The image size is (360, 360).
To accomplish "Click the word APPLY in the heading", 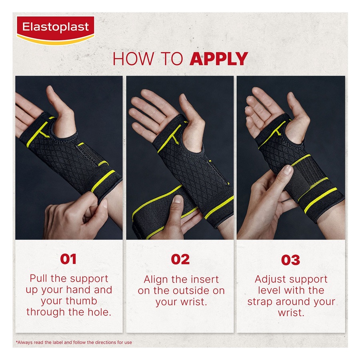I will pyautogui.click(x=218, y=59).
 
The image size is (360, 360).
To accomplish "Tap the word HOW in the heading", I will pyautogui.click(x=131, y=59).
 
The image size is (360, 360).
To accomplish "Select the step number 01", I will pyautogui.click(x=68, y=259).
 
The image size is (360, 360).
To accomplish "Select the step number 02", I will pyautogui.click(x=180, y=259).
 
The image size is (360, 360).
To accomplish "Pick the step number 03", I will pyautogui.click(x=291, y=260).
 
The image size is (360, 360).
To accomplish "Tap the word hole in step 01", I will pyautogui.click(x=98, y=312).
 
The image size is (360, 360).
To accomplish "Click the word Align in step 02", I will pyautogui.click(x=156, y=279).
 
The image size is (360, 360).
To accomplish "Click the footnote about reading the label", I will pyautogui.click(x=74, y=342).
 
